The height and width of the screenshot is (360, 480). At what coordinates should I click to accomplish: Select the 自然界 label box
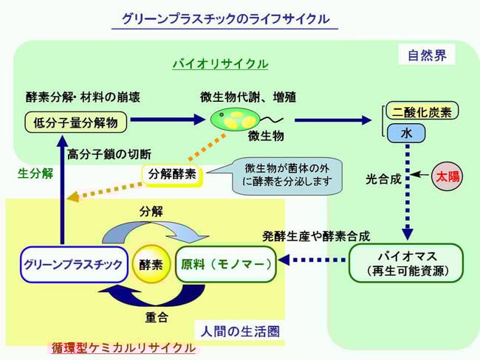point(426,55)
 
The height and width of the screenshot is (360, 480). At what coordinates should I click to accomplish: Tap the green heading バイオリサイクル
point(220,64)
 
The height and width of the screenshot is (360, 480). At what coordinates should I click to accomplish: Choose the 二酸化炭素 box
point(422,111)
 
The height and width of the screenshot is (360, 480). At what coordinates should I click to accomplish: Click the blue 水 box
point(405,134)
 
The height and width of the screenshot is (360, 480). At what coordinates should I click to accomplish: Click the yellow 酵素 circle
point(151,264)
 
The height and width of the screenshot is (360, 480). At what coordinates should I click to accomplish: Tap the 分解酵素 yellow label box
point(174,175)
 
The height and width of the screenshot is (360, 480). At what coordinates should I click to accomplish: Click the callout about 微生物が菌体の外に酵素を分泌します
point(285,175)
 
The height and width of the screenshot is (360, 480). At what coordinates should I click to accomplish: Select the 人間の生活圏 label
point(240,331)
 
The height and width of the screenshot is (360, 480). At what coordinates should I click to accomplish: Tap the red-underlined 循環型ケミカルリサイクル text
point(123,347)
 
